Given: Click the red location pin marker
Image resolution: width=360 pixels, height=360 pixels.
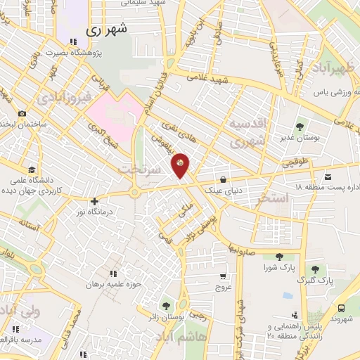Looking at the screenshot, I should pos(181,165).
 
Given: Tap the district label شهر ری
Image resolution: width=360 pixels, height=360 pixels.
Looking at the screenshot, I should pos(108,31).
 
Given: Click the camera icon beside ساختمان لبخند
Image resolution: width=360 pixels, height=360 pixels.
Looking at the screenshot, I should pos(22,114).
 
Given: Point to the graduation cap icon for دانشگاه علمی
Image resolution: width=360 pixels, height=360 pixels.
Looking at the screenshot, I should pos(31,169).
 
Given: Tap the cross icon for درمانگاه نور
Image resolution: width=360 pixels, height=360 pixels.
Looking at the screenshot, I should pos(94,202).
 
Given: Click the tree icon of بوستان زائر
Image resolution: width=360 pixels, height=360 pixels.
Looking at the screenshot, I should pos(166,306).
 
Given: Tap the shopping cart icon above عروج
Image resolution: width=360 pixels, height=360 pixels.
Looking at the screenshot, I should pos(223,276).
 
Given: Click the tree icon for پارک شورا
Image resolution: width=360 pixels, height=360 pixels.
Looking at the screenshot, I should pos(280,257).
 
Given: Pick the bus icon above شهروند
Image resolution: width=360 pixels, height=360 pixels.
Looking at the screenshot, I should pos(341,308).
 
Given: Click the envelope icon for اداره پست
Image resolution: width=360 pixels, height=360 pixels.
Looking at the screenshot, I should pos(329,175).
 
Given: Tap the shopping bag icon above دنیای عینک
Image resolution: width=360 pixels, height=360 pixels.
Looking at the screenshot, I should pos(223,179).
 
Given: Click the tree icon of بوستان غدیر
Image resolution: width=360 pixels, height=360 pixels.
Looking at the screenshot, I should pos(300,127).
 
